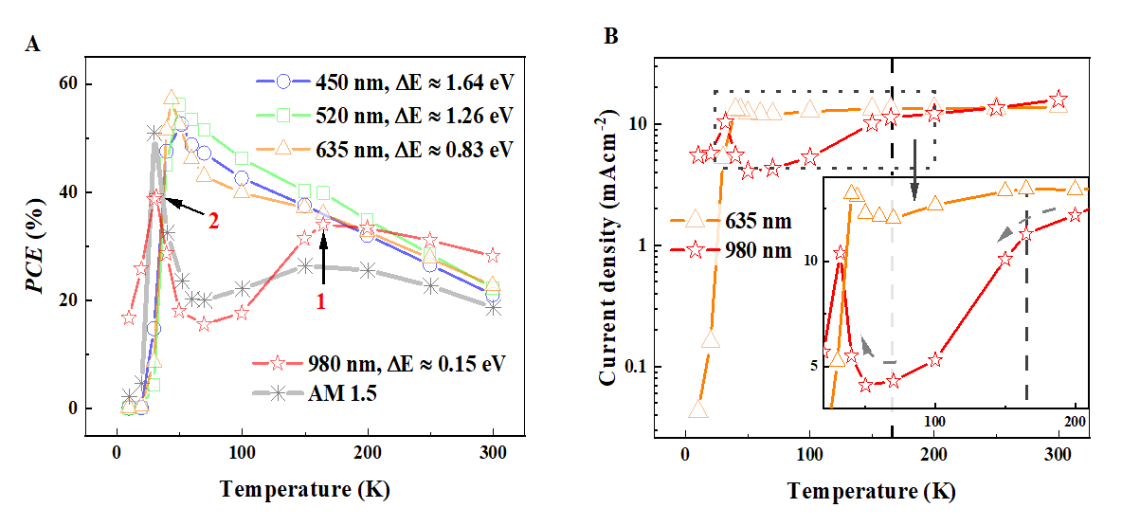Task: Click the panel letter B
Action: click(x=611, y=37)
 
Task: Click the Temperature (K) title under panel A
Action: click(x=304, y=490)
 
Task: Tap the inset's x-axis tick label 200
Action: click(x=1075, y=419)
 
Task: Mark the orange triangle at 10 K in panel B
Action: click(x=698, y=409)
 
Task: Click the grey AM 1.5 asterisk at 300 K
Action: click(x=494, y=306)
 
